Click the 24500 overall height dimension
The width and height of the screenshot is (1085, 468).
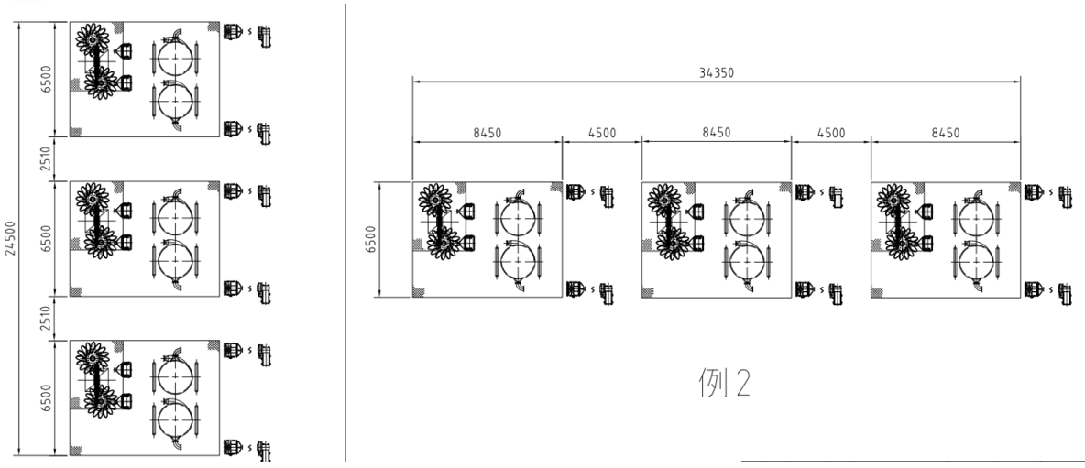(11, 238)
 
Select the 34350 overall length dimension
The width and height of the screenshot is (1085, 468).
(717, 71)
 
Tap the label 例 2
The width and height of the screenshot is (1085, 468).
(724, 382)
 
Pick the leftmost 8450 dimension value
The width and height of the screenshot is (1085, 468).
(488, 133)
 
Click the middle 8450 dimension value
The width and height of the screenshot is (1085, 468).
(717, 133)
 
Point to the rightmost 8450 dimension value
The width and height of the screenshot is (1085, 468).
(945, 133)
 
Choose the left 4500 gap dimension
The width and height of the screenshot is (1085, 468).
(601, 133)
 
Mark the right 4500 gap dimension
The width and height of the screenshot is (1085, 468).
(831, 133)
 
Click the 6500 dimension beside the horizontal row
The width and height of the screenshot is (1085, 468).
(371, 239)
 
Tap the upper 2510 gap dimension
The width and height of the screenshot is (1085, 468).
(46, 159)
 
